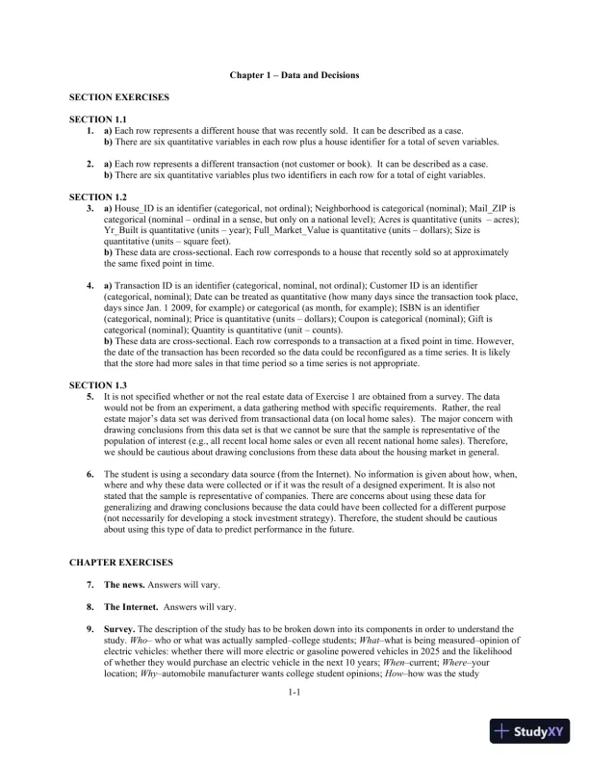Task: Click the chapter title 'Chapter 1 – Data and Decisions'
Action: click(x=294, y=74)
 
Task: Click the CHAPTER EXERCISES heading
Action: click(x=114, y=560)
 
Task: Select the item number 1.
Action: click(x=90, y=129)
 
